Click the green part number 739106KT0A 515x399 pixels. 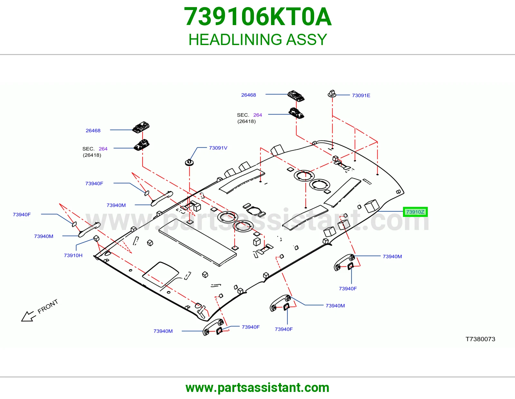pyautogui.click(x=257, y=17)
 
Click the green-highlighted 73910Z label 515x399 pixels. pyautogui.click(x=415, y=212)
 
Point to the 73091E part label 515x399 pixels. pyautogui.click(x=361, y=96)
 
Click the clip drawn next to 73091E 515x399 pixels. pyautogui.click(x=332, y=94)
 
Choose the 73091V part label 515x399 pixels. pyautogui.click(x=218, y=148)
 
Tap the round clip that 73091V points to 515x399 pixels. pyautogui.click(x=189, y=162)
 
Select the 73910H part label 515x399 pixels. pyautogui.click(x=73, y=255)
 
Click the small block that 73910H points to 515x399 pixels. pyautogui.click(x=97, y=238)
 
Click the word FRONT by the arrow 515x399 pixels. pyautogui.click(x=48, y=306)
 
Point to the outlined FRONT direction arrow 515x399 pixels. pyautogui.click(x=28, y=316)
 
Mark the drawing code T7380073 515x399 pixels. pyautogui.click(x=480, y=339)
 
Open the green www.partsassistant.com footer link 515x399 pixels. pyautogui.click(x=257, y=388)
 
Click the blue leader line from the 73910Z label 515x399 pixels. pyautogui.click(x=390, y=211)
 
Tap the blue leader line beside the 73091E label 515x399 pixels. pyautogui.click(x=343, y=95)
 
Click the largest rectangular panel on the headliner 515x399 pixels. pyautogui.click(x=197, y=242)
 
